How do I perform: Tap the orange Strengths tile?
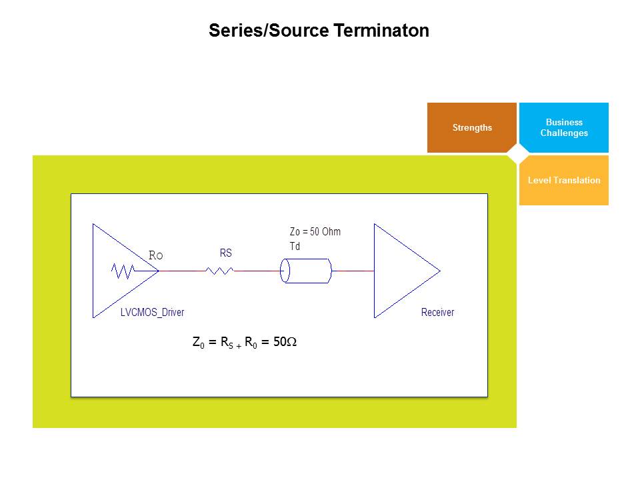point(471,127)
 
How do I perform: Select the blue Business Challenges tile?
point(563,127)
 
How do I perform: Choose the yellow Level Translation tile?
point(563,180)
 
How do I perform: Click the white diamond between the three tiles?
point(517,154)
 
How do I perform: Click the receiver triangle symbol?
point(400,271)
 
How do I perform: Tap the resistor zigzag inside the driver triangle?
point(123,271)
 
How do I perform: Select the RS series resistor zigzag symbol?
point(219,271)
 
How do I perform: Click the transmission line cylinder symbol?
point(306,271)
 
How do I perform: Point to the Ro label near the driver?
point(155,255)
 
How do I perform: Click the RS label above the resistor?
point(226,253)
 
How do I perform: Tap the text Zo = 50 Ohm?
point(315,232)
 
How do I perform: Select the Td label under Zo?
point(295,246)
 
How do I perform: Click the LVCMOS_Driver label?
point(152,312)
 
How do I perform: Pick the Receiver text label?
point(437,312)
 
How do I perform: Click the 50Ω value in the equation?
point(285,342)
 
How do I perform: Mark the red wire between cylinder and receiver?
point(353,271)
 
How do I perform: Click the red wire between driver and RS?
point(181,271)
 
